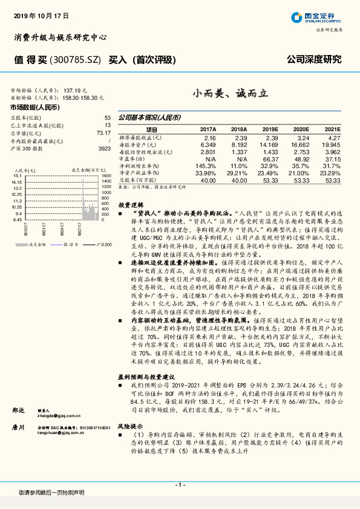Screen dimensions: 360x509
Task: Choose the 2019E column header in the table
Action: click(x=270, y=129)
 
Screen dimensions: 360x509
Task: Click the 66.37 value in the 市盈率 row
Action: click(x=270, y=158)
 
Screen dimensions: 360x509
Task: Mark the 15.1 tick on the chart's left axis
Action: click(x=17, y=175)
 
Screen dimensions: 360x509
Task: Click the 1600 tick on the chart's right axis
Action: click(x=106, y=175)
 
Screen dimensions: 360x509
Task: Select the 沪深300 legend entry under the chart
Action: click(x=103, y=244)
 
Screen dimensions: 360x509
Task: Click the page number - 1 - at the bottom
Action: click(x=180, y=486)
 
